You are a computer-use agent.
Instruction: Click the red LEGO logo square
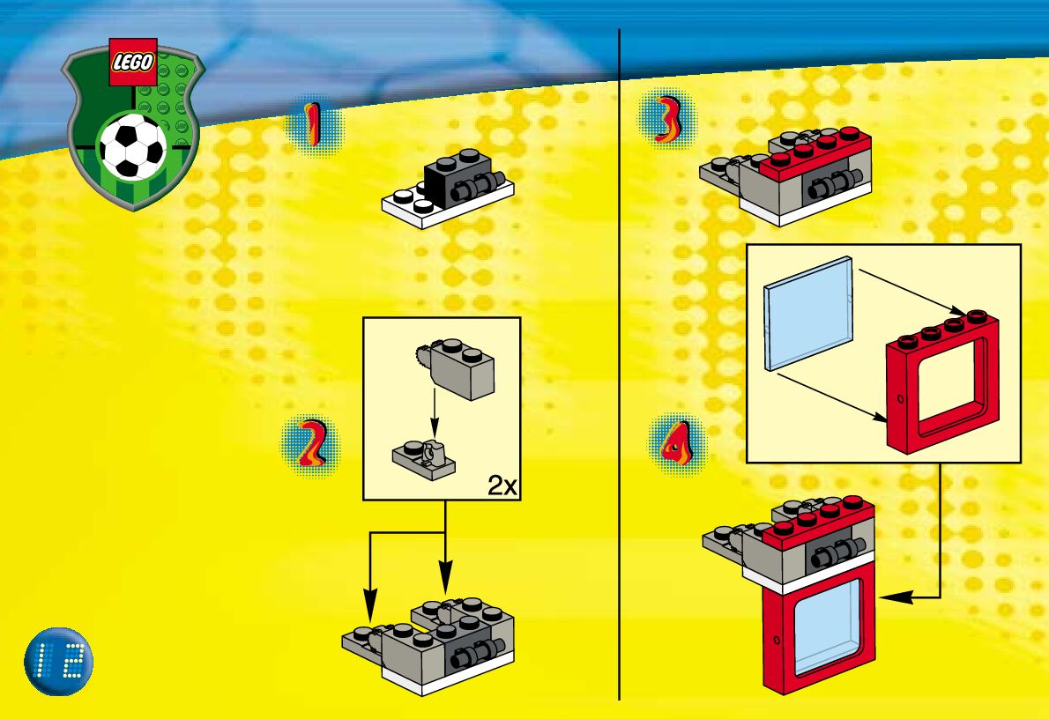[x=133, y=63]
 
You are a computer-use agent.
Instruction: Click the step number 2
[x=311, y=444]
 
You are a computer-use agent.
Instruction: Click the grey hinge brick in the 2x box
[x=462, y=369]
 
